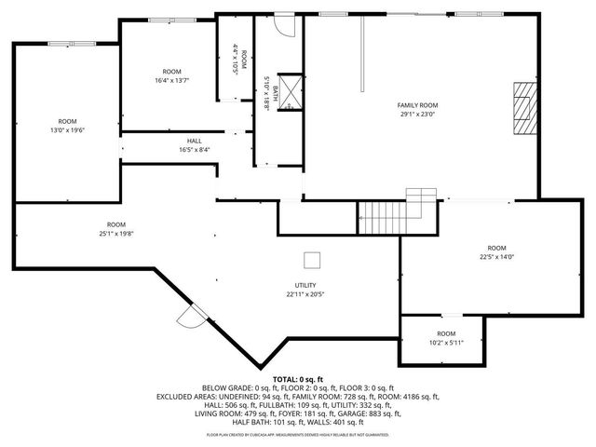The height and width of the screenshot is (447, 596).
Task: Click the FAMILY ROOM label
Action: click(x=418, y=105)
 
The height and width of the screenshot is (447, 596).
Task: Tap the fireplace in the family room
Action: click(x=523, y=109)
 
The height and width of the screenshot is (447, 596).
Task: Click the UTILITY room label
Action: click(x=305, y=285)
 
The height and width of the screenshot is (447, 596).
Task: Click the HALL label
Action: click(x=194, y=141)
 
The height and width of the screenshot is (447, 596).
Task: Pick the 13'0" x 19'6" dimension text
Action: click(x=67, y=130)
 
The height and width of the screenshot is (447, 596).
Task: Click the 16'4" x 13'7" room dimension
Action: click(x=171, y=81)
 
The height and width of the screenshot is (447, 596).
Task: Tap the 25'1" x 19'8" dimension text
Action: click(x=115, y=234)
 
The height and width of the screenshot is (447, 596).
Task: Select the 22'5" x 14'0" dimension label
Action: click(x=497, y=258)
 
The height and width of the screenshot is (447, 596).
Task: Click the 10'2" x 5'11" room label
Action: click(x=446, y=342)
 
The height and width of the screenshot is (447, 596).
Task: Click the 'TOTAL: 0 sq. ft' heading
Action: click(x=297, y=379)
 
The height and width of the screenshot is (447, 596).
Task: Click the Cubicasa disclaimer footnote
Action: click(x=297, y=435)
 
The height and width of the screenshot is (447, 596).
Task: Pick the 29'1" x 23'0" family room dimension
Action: click(x=418, y=115)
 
